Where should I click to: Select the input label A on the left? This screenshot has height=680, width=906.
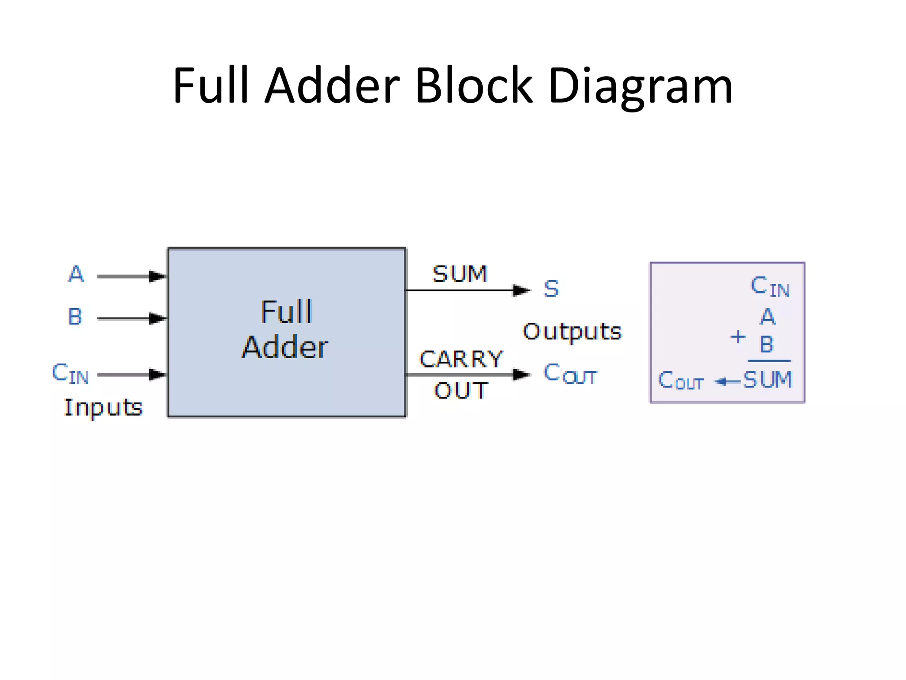click(76, 274)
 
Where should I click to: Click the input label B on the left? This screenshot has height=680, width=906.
click(75, 317)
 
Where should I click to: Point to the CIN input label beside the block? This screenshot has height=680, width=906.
click(70, 373)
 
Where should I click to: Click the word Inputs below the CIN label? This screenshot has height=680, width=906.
click(103, 407)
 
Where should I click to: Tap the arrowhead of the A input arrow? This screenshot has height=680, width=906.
click(157, 276)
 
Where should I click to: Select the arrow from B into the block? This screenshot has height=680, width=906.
click(131, 318)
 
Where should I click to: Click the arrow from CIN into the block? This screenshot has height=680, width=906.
click(131, 375)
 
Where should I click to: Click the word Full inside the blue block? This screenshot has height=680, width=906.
click(287, 312)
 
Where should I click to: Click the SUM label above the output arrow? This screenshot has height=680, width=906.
click(460, 274)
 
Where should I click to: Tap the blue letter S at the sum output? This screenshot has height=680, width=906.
click(551, 289)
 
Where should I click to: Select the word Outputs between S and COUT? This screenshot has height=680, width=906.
click(572, 332)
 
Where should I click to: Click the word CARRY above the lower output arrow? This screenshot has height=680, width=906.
click(461, 359)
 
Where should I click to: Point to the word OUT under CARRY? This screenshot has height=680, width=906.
click(461, 390)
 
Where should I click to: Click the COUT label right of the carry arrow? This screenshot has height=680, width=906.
click(570, 374)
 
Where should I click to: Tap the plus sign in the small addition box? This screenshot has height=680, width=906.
click(737, 337)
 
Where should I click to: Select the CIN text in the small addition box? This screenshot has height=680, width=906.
click(770, 286)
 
